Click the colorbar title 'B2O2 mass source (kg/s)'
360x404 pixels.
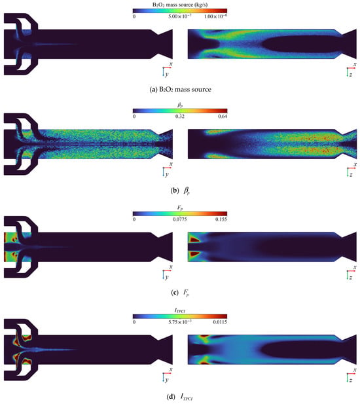tap(180, 5)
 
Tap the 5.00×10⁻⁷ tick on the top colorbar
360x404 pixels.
tap(180, 16)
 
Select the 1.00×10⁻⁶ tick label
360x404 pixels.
tap(215, 16)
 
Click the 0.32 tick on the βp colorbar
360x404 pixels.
tap(180, 116)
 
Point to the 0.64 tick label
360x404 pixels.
tap(223, 116)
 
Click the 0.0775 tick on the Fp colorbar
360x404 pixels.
tap(180, 219)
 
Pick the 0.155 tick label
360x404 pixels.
tap(221, 219)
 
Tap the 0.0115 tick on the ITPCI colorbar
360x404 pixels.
tap(220, 321)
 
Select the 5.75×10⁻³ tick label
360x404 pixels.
tap(180, 321)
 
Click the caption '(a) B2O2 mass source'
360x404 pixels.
tap(180, 90)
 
